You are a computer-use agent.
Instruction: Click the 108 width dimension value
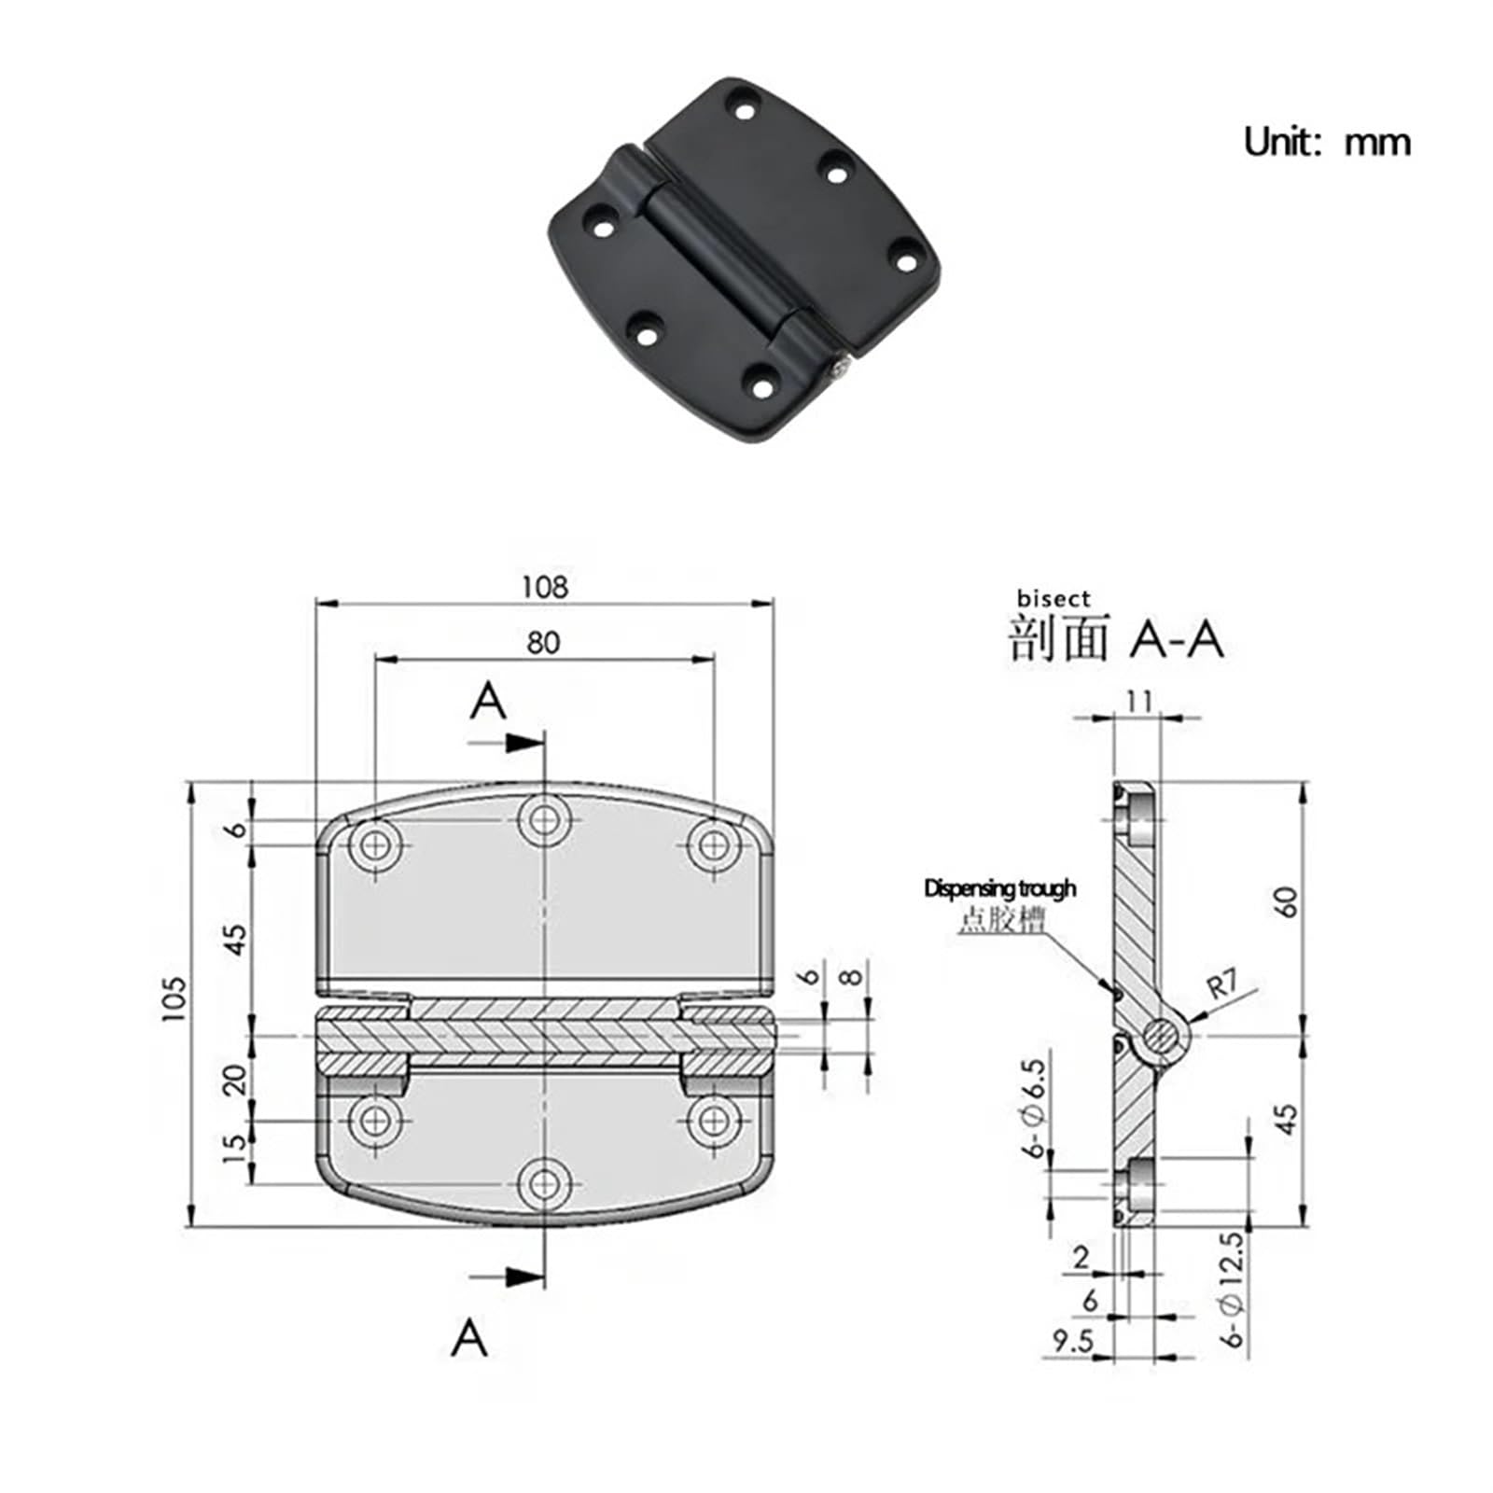tap(544, 587)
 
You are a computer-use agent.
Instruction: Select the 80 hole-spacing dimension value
tap(544, 643)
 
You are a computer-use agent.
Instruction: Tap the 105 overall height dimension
tap(174, 999)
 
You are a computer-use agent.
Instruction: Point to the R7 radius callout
tap(1223, 985)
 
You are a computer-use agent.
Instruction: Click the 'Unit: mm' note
tap(1327, 143)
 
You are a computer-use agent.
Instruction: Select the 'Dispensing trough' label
tap(999, 888)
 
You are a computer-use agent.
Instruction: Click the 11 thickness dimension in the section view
tap(1138, 701)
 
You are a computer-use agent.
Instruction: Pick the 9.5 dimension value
tap(1072, 1342)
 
